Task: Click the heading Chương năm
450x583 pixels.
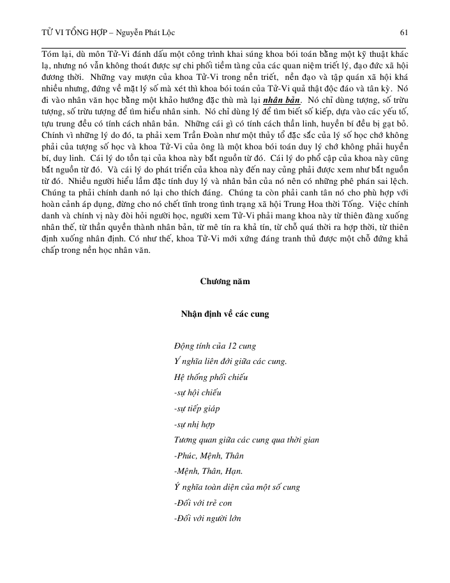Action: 225,281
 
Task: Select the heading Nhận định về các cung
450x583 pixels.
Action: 225,314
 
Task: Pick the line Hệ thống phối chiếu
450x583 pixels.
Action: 211,377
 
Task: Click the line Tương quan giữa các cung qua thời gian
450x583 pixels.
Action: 246,440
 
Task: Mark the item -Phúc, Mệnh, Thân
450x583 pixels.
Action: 208,455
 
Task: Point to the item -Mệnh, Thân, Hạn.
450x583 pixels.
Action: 207,471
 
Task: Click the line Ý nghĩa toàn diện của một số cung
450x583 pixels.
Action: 237,487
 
